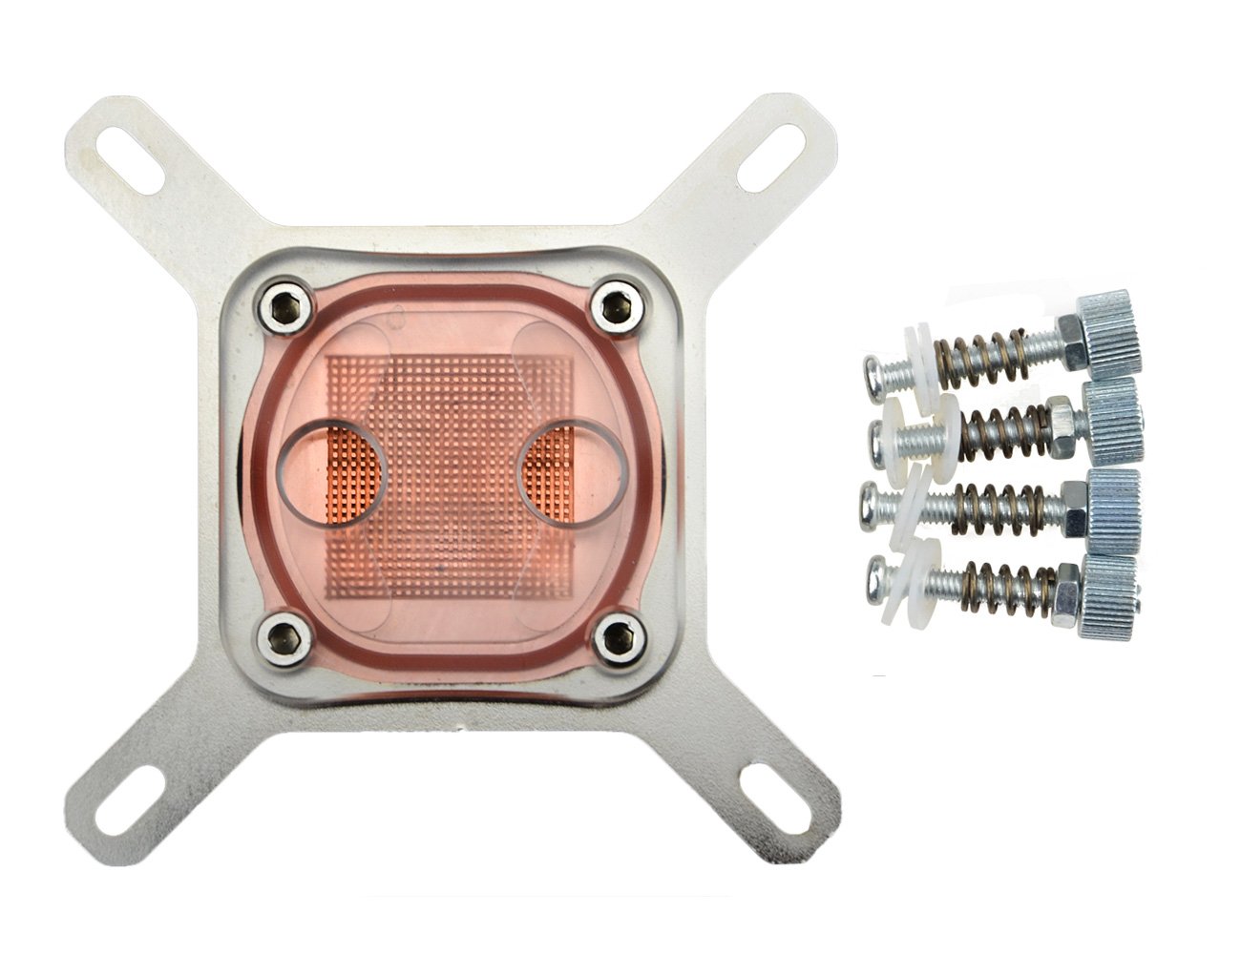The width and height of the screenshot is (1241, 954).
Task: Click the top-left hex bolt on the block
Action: tap(278, 304)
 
